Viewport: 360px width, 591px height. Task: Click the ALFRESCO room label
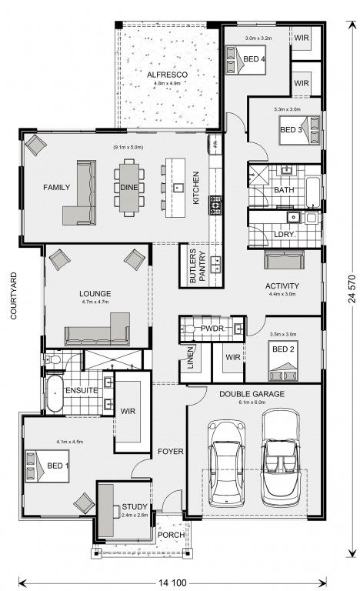[167, 75]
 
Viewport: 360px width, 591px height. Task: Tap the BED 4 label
[254, 59]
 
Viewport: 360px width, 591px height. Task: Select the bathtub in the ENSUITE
[55, 393]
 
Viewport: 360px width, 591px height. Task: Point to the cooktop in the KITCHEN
[215, 205]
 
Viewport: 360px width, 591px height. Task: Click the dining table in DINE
[129, 188]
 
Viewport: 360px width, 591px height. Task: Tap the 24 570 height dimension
[352, 289]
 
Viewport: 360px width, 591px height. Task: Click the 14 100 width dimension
[172, 583]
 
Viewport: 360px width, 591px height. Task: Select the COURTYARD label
[14, 295]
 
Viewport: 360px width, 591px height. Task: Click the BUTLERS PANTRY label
[198, 265]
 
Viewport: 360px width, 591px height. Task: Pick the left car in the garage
[227, 463]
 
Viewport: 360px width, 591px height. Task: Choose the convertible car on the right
[281, 459]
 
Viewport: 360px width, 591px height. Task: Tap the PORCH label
[171, 535]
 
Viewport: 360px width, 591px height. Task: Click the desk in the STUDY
[106, 511]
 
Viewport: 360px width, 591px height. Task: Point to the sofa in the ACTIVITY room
[284, 259]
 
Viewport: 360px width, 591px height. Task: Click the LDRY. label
[285, 234]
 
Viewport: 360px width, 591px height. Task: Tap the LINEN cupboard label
[190, 357]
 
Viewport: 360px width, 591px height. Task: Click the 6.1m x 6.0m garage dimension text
[252, 402]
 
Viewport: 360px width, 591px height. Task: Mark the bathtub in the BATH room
[312, 192]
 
